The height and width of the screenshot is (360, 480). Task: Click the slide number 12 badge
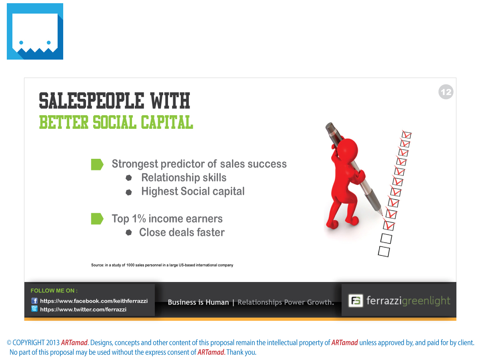[x=446, y=92]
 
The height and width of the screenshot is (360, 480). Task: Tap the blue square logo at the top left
[x=35, y=31]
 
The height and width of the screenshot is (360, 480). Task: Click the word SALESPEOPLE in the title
[x=92, y=100]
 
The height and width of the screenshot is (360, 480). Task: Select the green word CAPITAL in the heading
[x=167, y=122]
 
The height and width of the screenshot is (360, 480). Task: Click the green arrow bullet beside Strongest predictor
[x=97, y=164]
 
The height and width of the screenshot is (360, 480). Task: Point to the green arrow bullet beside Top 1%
[x=97, y=218]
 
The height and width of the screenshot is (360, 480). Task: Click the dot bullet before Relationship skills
[x=129, y=178]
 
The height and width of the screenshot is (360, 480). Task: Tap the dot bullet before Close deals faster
[x=129, y=232]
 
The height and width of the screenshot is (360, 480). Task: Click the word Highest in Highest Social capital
[x=160, y=192]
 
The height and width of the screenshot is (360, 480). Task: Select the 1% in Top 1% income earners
[x=139, y=218]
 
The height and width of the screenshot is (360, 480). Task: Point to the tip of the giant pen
[x=382, y=215]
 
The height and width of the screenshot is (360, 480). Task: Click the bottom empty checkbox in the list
[x=384, y=252]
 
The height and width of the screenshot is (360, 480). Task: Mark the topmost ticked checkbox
[x=406, y=135]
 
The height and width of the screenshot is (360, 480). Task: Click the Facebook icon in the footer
[x=34, y=301]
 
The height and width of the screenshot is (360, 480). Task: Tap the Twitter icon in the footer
[x=34, y=309]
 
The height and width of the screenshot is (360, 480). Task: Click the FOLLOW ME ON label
[x=54, y=290]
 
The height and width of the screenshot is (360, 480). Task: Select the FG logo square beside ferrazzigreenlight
[x=356, y=300]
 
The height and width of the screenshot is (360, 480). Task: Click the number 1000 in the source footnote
[x=130, y=265]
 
